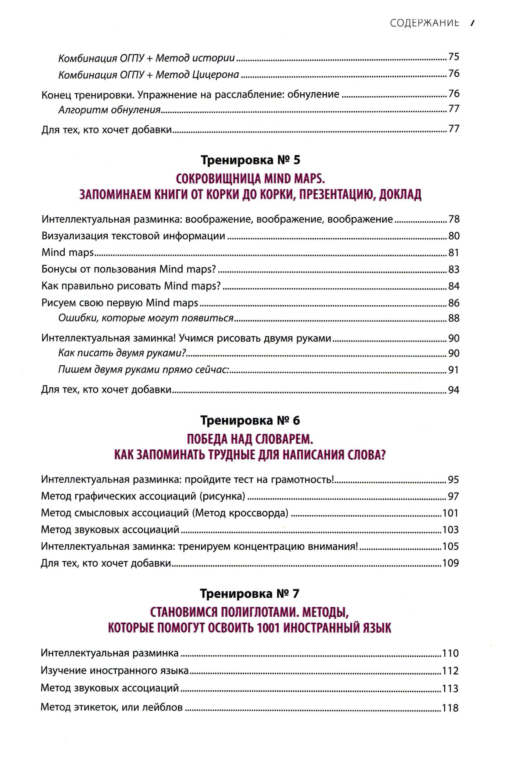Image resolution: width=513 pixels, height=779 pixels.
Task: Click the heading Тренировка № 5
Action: point(250,160)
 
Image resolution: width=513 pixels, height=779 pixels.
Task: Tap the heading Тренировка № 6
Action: point(250,421)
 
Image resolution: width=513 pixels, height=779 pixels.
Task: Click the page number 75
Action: point(454,57)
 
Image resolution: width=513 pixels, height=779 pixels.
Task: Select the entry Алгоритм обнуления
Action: point(109,110)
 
